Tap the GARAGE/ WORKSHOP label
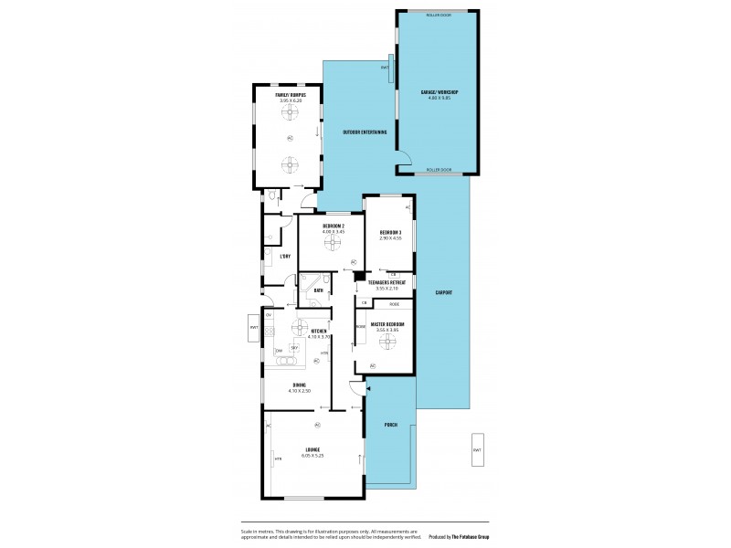click(440, 92)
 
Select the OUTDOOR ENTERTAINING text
click(365, 132)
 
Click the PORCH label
click(390, 425)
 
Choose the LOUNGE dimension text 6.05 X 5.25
click(313, 455)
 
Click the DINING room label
click(300, 385)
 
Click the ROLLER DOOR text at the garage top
click(439, 15)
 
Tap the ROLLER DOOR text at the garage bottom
click(439, 170)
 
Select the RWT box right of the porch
click(477, 449)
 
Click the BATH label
click(318, 290)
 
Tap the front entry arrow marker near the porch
click(366, 390)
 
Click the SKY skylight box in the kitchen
click(294, 348)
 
